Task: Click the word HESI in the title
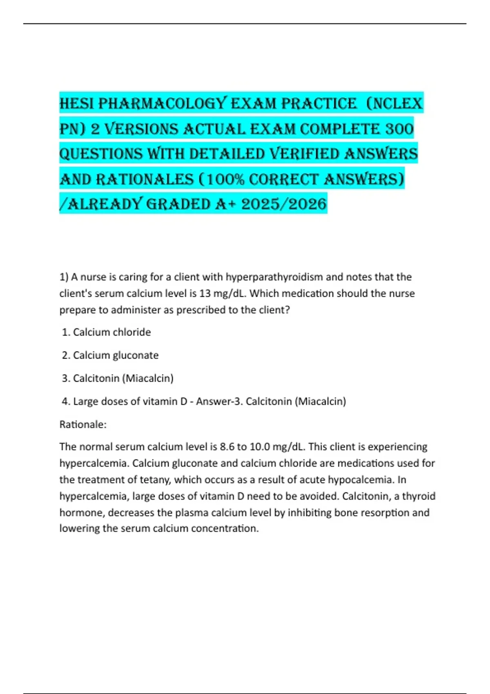tap(77, 104)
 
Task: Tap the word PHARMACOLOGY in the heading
tap(162, 104)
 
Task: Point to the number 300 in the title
tap(399, 129)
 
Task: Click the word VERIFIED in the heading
tap(304, 154)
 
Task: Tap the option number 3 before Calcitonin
tap(65, 378)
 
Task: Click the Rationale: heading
tap(83, 425)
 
